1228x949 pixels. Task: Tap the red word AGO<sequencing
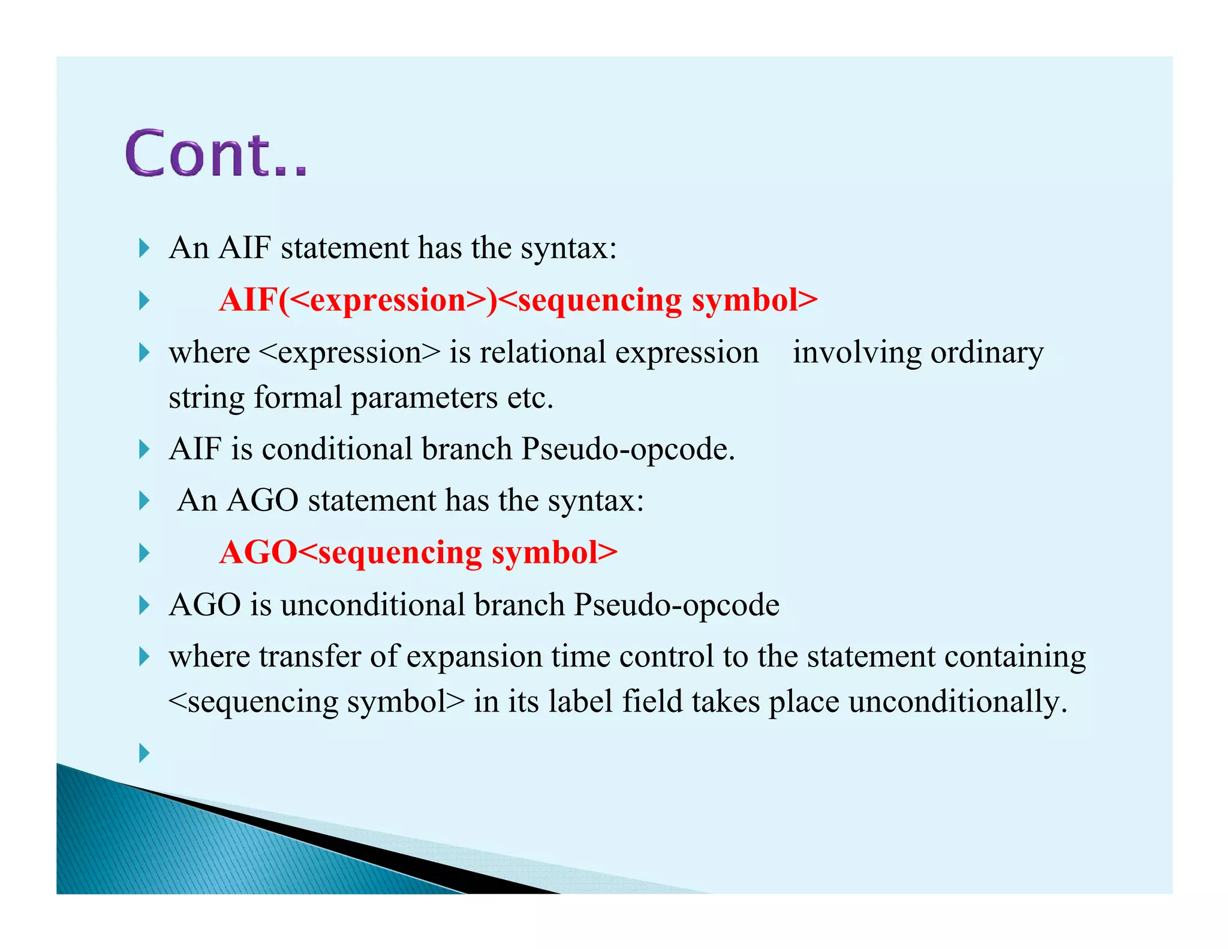(x=351, y=552)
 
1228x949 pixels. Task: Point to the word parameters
(x=424, y=398)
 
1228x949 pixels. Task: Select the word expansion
(x=474, y=657)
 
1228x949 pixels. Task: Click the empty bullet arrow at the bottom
(x=144, y=752)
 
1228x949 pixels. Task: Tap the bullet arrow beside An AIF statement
(x=144, y=248)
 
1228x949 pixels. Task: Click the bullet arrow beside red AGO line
(x=144, y=552)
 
